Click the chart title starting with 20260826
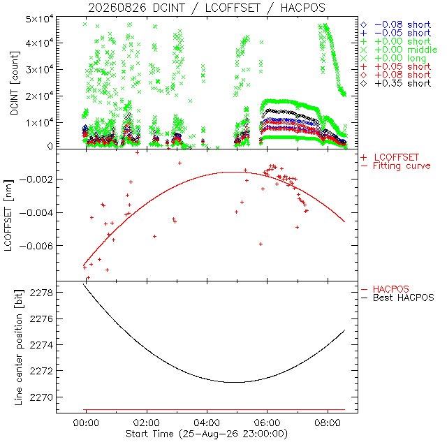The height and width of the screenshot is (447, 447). coord(207,8)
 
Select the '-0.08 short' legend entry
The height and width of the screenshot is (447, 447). coord(396,25)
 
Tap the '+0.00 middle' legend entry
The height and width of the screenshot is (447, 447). coord(399,50)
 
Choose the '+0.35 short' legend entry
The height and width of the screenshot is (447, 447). coord(396,84)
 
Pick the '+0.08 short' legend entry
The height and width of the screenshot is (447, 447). coord(396,75)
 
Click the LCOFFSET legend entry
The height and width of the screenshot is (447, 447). coord(390,157)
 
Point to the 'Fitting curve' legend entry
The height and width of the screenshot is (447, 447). coord(396,166)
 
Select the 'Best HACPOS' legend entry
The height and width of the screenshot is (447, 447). coord(397,298)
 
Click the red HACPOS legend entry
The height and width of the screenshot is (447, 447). coord(385,289)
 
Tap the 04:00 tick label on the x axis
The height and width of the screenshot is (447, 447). coord(207,423)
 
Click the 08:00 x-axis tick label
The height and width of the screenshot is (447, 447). coord(328,423)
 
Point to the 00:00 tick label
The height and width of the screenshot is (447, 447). coord(86,423)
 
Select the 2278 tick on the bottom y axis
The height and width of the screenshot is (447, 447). coord(41,293)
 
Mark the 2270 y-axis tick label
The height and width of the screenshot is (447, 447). coord(41,397)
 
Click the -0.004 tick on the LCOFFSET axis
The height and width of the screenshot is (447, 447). coord(36,212)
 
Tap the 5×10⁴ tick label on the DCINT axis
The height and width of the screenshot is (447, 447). coord(39,20)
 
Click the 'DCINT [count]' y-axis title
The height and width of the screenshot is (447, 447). coord(14,83)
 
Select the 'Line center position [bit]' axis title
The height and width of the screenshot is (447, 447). coord(19,347)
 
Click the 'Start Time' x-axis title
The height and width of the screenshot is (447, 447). coord(207,434)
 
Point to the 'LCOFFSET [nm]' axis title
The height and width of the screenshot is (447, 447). coord(8,215)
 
